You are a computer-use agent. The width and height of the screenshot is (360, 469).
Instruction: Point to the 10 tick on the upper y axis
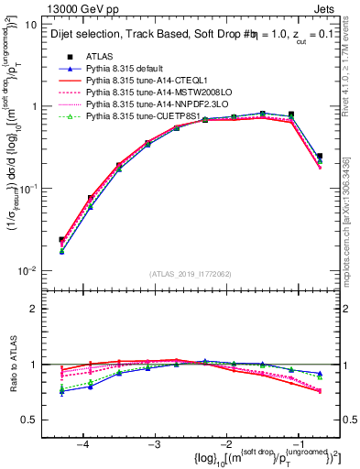pyautogui.click(x=29, y=25)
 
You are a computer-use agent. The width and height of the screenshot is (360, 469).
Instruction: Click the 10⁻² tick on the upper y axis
pyautogui.click(x=27, y=270)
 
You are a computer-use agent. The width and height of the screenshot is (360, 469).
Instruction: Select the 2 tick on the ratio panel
pyautogui.click(x=33, y=309)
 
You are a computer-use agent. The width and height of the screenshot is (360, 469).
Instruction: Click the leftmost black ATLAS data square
pyautogui.click(x=61, y=240)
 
